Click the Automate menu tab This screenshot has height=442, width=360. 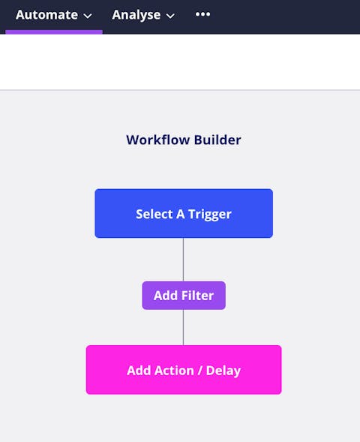[53, 15]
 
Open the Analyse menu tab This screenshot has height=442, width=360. [143, 15]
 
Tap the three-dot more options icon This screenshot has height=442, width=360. [202, 14]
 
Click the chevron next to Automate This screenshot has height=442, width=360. [88, 16]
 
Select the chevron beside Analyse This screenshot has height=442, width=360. [170, 16]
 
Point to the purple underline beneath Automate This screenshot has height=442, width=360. [54, 32]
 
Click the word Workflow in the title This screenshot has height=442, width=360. [158, 140]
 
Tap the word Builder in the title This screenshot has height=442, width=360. [217, 140]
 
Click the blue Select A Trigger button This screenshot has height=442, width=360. [184, 213]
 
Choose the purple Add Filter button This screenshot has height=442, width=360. [184, 296]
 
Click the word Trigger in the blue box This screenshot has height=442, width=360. [209, 215]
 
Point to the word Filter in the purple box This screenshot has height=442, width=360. [197, 296]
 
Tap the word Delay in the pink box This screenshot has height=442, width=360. [223, 371]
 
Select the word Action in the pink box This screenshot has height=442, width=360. [174, 371]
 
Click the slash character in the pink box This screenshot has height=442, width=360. [200, 371]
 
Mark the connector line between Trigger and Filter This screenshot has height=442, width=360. [184, 260]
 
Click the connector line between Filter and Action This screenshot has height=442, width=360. [184, 327]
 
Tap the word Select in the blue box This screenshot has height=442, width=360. [154, 214]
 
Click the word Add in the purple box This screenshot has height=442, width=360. [166, 296]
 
